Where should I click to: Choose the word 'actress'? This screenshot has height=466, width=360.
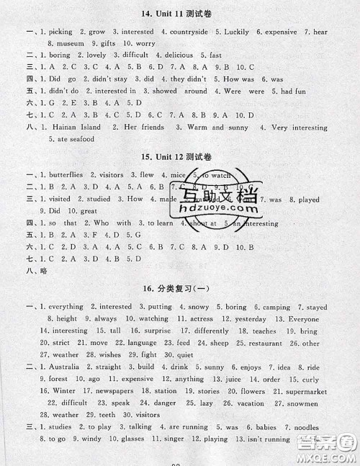click(x=200, y=318)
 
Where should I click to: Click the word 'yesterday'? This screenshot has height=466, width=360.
click(x=251, y=318)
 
